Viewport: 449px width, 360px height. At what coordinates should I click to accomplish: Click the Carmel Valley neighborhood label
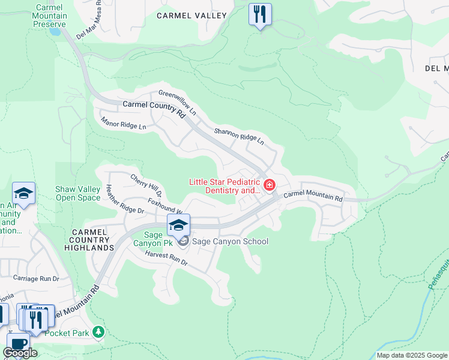(191, 16)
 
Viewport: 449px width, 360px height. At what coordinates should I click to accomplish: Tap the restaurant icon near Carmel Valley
(260, 14)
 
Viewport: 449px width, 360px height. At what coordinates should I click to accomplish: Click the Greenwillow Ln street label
(177, 103)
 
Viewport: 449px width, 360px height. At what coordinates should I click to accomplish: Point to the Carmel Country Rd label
(153, 108)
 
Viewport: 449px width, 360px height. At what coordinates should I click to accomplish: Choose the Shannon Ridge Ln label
(239, 136)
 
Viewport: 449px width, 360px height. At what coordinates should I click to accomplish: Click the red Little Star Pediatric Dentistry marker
(270, 184)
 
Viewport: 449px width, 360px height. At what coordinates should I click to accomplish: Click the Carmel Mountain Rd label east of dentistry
(313, 196)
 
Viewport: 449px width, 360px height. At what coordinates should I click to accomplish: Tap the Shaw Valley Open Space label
(77, 193)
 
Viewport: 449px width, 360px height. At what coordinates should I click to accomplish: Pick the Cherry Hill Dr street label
(146, 185)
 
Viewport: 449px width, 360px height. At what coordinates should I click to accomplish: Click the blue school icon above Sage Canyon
(178, 225)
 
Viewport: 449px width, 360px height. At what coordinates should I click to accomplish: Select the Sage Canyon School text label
(230, 241)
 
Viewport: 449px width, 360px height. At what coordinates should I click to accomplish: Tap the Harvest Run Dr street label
(166, 259)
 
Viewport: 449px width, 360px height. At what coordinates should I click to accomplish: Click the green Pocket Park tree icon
(98, 332)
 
